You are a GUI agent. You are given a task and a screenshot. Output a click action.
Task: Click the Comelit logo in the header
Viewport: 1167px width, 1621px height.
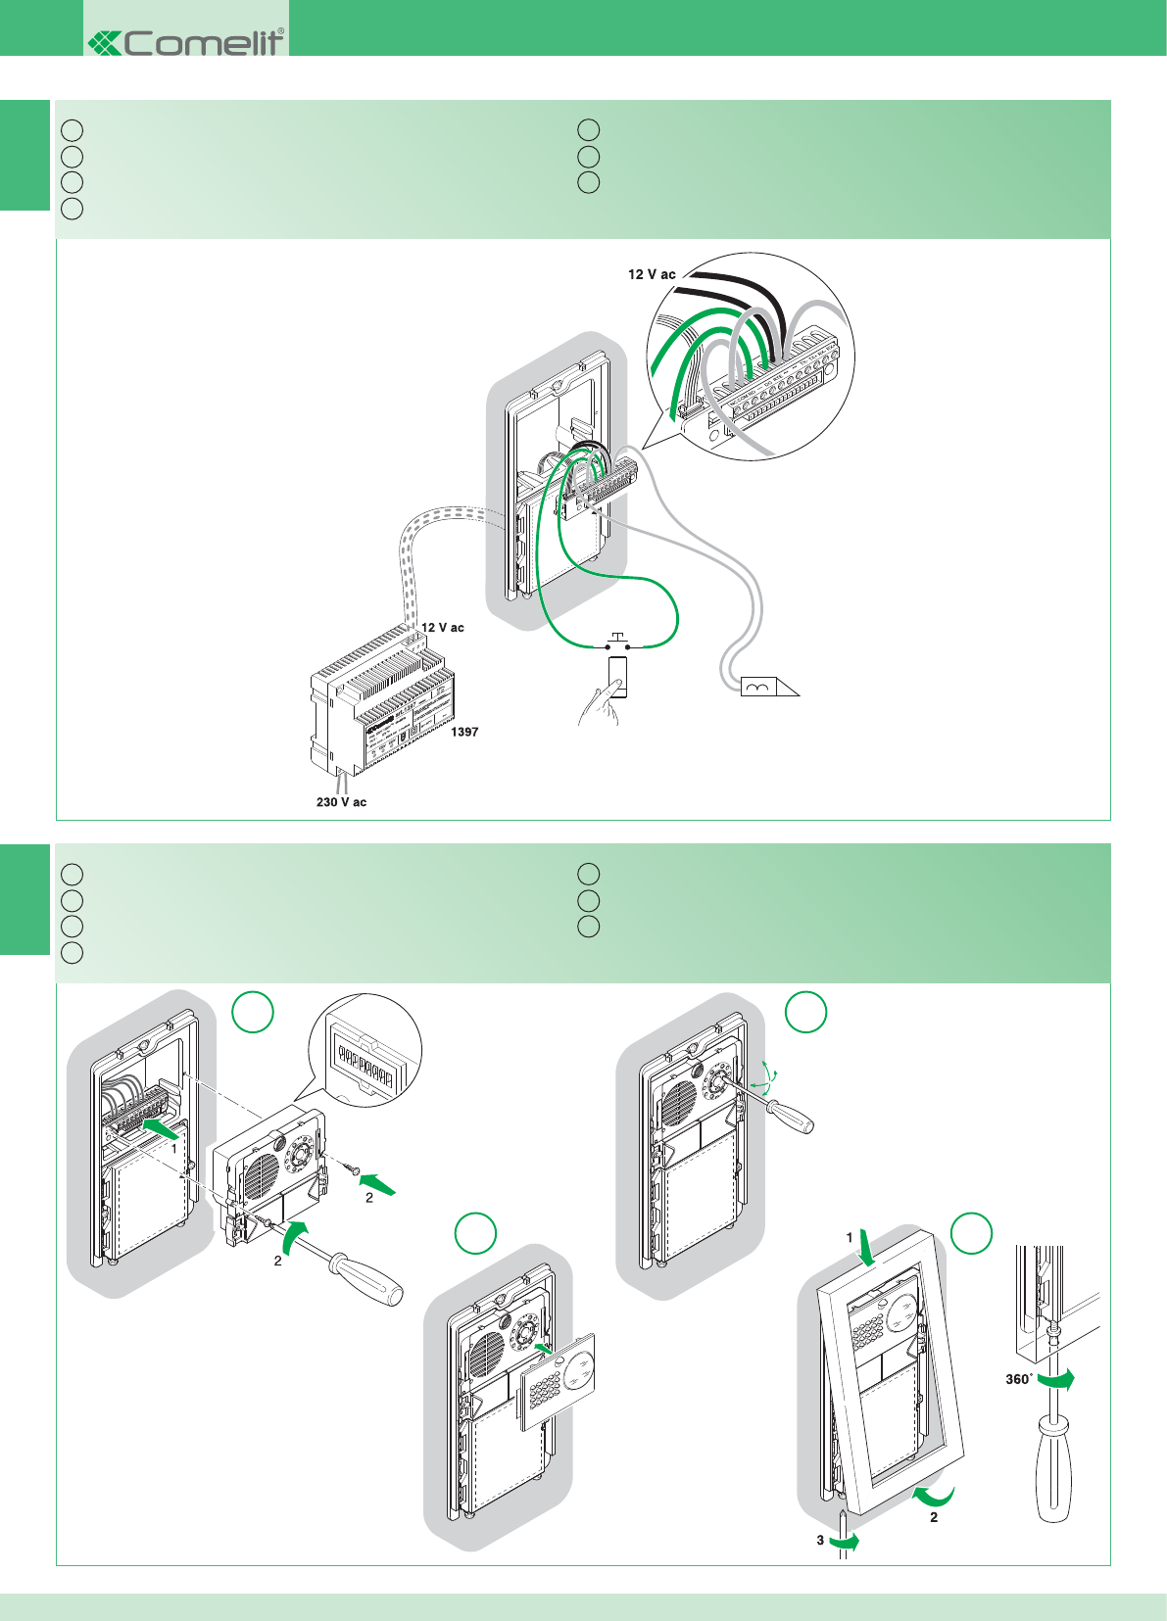(186, 42)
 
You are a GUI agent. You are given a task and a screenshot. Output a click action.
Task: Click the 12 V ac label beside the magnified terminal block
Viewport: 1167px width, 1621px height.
(652, 274)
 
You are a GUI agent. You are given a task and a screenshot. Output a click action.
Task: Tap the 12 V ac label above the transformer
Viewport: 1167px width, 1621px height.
(443, 627)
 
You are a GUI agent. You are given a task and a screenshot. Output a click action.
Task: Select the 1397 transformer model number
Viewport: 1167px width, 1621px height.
(464, 732)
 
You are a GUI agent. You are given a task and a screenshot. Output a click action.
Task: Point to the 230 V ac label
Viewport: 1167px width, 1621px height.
(341, 802)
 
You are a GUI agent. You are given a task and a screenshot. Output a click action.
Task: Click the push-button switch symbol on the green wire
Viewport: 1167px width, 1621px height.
(617, 642)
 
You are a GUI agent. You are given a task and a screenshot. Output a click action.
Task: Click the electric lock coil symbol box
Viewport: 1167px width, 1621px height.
(757, 687)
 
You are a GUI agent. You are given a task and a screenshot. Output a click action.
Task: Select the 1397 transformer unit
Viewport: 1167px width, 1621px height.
(382, 700)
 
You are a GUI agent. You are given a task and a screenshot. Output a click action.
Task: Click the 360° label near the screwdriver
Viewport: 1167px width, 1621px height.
(1019, 1379)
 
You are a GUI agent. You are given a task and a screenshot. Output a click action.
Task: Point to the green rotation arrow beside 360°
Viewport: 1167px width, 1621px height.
(1057, 1379)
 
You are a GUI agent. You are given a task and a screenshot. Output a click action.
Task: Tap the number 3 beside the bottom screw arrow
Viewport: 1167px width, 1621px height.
(820, 1540)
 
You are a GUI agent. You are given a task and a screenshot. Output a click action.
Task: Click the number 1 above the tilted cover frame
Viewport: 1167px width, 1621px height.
(850, 1238)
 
